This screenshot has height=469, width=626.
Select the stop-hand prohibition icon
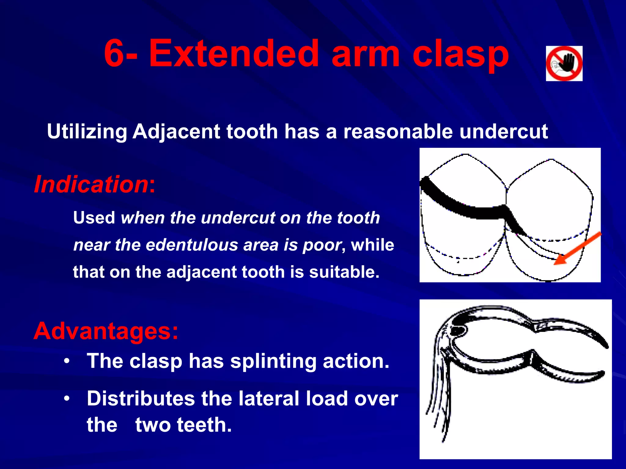point(564,64)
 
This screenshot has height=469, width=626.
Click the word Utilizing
point(87,132)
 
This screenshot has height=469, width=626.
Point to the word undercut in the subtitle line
point(503,132)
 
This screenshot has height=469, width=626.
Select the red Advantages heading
point(105,331)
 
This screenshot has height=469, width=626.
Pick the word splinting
point(273,362)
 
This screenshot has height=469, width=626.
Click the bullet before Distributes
point(67,399)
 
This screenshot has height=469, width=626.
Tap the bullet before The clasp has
point(67,361)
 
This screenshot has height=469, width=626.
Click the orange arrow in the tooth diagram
point(577,248)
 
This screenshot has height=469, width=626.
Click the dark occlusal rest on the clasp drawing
point(458,330)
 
